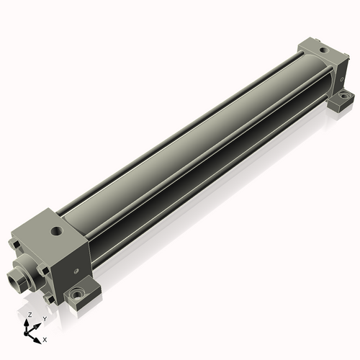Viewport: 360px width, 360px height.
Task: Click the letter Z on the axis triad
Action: [30, 315]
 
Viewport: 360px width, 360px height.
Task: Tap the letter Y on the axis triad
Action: [45, 319]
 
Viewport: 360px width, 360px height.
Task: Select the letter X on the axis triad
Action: [45, 340]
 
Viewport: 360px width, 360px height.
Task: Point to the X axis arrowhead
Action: [37, 341]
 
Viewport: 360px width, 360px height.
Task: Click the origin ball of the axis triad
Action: [26, 333]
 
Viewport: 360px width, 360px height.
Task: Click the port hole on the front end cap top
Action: [57, 231]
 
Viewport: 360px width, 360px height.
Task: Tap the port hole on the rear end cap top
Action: [324, 50]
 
